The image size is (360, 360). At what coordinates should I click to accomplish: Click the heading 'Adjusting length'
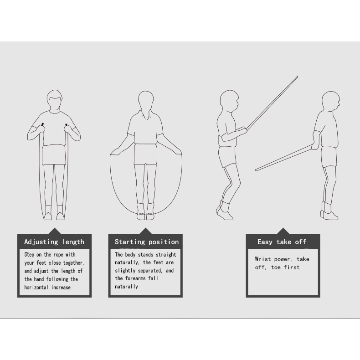click(x=54, y=242)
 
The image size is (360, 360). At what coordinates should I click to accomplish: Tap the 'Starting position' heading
click(x=147, y=242)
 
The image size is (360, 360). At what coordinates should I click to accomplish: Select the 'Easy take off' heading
click(x=282, y=242)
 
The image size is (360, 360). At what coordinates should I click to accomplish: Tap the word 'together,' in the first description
click(x=74, y=263)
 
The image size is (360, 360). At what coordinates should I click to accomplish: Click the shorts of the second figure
click(x=146, y=154)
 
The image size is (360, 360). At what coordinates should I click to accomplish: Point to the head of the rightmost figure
click(x=331, y=102)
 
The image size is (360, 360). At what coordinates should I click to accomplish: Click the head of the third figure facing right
click(x=229, y=101)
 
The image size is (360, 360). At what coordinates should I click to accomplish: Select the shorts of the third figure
click(x=227, y=157)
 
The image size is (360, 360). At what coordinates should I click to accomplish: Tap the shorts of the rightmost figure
click(x=329, y=157)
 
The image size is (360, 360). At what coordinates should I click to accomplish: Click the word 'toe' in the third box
click(x=276, y=267)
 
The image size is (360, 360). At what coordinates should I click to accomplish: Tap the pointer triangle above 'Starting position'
click(x=145, y=231)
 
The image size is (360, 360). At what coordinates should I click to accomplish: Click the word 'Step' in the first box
click(x=29, y=255)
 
